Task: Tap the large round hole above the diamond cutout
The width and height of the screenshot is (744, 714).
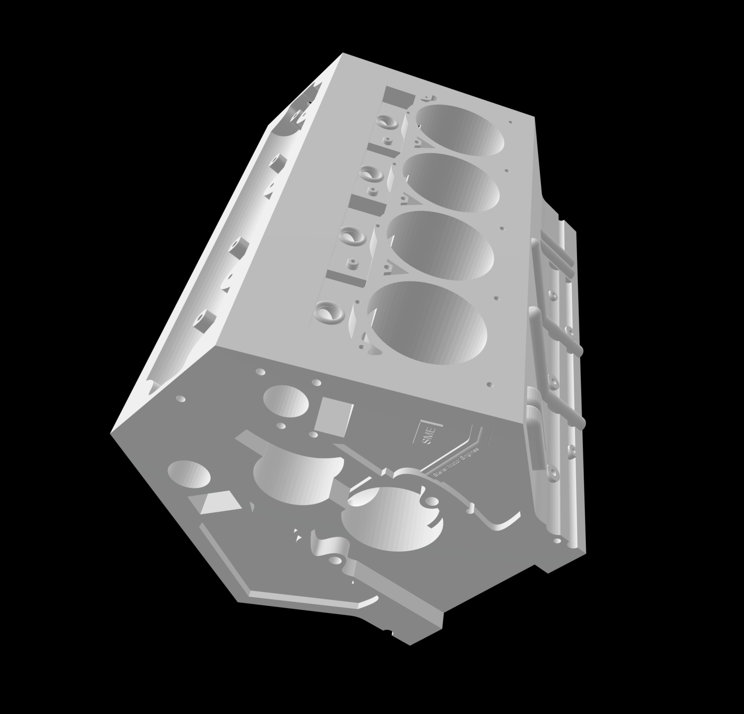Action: pyautogui.click(x=189, y=475)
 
